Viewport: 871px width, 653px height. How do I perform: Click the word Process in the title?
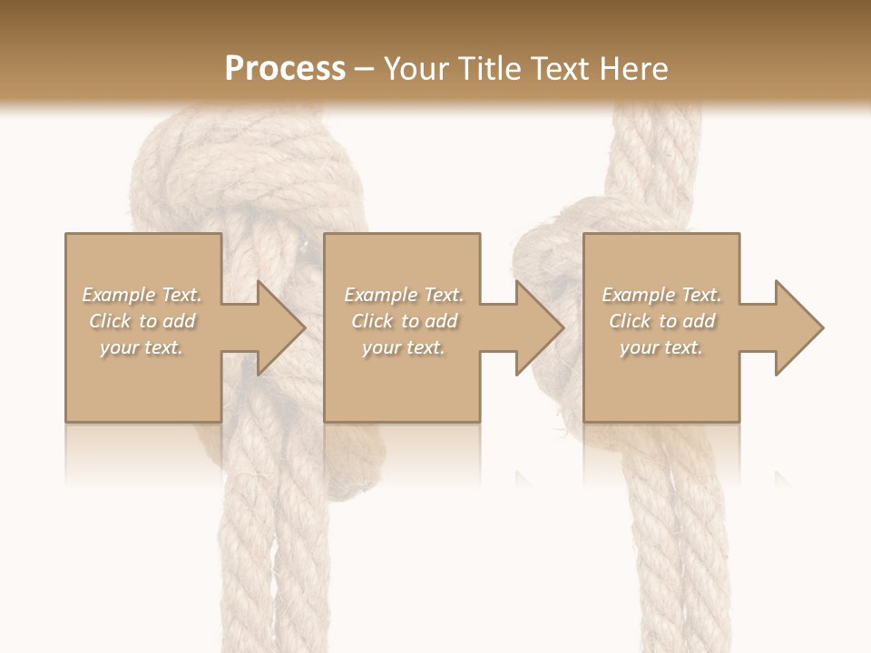[x=285, y=68]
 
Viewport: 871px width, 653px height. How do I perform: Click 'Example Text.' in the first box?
[x=142, y=295]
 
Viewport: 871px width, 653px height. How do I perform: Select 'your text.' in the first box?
[x=142, y=347]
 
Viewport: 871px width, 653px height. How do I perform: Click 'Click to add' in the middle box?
[x=405, y=321]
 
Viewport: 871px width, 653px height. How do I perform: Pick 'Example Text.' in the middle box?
[x=404, y=295]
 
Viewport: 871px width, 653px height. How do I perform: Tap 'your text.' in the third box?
[x=661, y=347]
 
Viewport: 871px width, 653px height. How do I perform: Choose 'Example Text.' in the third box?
[x=661, y=295]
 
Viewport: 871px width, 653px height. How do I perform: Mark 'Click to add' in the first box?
[x=142, y=321]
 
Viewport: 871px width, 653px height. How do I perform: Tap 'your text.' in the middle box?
[x=404, y=347]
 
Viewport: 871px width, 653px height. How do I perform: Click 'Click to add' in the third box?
[x=662, y=321]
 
